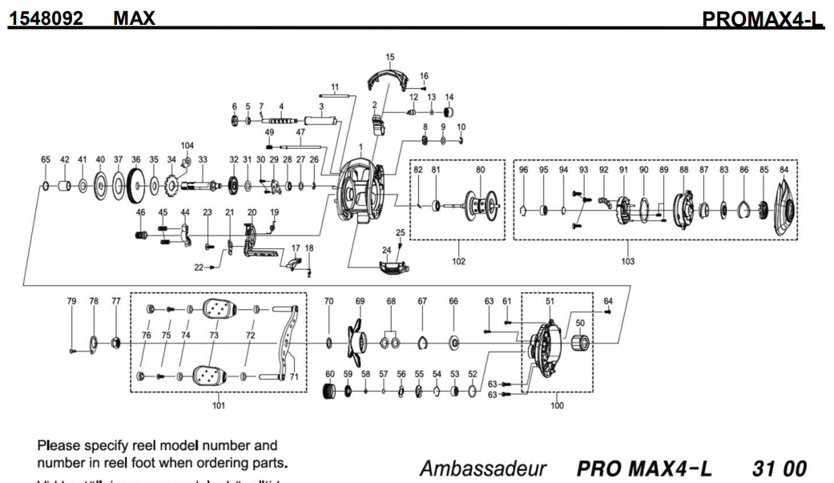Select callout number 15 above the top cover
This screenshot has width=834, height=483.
click(x=390, y=58)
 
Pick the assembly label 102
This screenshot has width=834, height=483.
click(x=459, y=261)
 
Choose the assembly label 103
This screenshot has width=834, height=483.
click(x=627, y=261)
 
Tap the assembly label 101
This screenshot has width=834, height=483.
click(x=218, y=405)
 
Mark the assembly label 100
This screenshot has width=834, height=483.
click(x=558, y=405)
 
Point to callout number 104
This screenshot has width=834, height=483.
click(x=187, y=146)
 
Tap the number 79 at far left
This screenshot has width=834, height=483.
click(x=71, y=301)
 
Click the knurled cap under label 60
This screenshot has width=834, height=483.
click(x=329, y=391)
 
